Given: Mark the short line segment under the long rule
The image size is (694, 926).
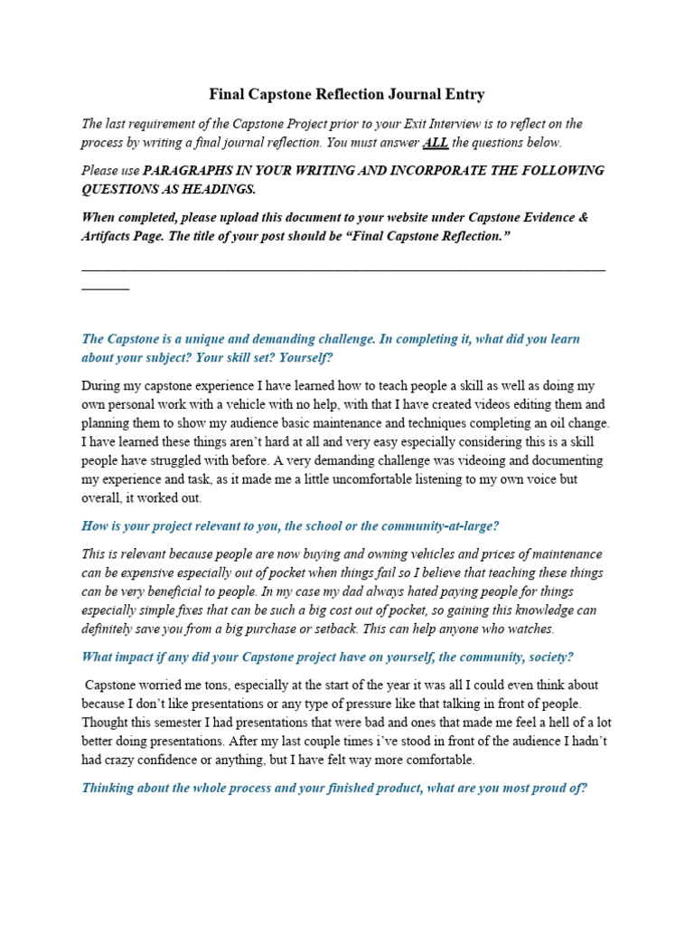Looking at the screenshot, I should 105,288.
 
